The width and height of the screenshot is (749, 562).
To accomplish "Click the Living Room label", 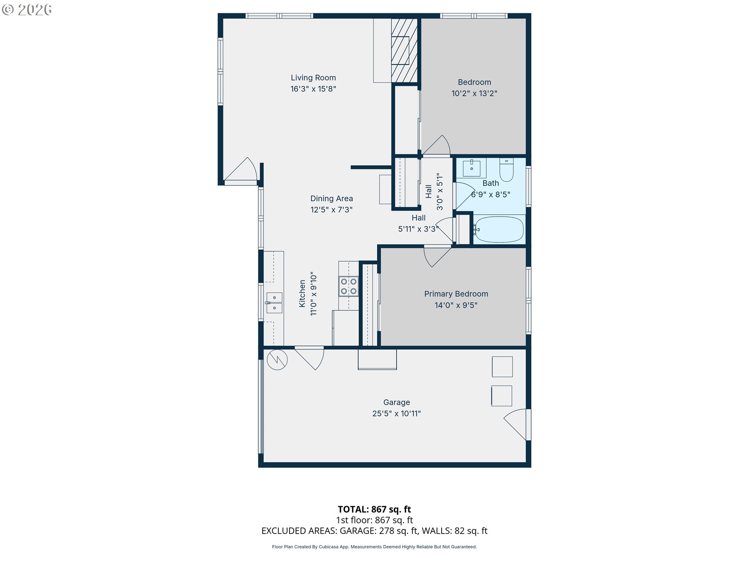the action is (x=313, y=78).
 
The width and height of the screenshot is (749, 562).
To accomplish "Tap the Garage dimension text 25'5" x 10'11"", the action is (x=396, y=413).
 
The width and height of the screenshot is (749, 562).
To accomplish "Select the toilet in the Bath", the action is (x=506, y=170).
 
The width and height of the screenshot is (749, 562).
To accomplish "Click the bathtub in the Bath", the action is (x=499, y=229).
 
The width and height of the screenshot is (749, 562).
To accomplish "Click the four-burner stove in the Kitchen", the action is (x=348, y=286).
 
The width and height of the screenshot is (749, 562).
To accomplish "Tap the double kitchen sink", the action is (x=274, y=303).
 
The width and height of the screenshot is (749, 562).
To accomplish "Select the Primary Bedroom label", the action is (x=456, y=294).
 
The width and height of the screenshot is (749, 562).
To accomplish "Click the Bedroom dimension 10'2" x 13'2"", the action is (x=474, y=93).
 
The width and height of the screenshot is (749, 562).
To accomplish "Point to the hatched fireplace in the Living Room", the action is (x=404, y=50).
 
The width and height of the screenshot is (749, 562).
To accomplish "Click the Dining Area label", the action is (x=332, y=199).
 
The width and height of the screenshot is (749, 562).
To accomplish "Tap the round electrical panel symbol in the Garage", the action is (x=277, y=360).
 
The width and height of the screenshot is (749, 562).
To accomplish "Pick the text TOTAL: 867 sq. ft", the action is (x=374, y=509).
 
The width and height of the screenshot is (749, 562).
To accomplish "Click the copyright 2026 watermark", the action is (x=27, y=10).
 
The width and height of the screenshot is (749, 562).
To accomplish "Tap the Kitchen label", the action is (x=302, y=293).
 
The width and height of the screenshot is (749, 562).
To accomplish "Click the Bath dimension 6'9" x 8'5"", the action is (x=490, y=194).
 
